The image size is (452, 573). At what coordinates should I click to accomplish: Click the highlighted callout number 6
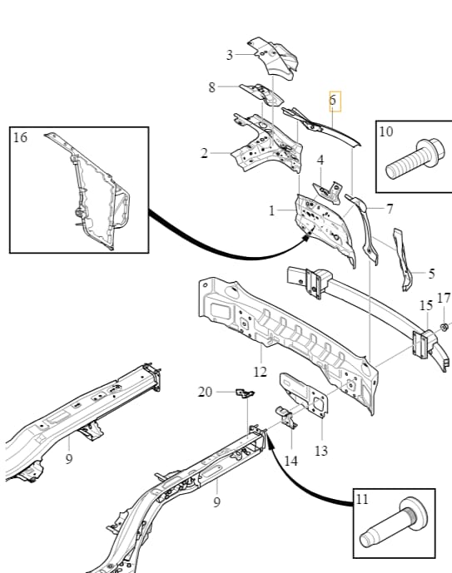[332, 100]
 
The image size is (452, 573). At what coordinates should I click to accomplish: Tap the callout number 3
[229, 55]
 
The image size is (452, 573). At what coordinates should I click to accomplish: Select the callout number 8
[211, 87]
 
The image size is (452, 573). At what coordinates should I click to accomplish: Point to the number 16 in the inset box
[20, 137]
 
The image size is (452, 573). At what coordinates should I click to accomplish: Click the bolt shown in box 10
[415, 159]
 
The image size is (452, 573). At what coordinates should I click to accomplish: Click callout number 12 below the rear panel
[260, 372]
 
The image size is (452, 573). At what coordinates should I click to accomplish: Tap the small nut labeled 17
[445, 327]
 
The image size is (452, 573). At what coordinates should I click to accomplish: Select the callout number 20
[205, 392]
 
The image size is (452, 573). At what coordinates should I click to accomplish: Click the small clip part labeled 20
[245, 393]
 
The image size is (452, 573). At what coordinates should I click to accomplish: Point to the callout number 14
[291, 461]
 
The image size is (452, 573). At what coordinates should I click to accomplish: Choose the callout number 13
[321, 451]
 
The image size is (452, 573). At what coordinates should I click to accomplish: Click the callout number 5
[431, 274]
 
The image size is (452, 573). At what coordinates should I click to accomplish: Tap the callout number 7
[390, 209]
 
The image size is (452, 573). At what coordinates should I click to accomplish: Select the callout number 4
[320, 160]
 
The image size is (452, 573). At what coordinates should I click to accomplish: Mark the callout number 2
[204, 153]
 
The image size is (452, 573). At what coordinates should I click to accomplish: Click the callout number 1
[271, 210]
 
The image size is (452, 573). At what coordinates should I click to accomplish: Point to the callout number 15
[426, 305]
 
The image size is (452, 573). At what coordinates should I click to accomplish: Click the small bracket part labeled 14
[286, 417]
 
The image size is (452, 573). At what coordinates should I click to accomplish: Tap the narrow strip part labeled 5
[402, 259]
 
